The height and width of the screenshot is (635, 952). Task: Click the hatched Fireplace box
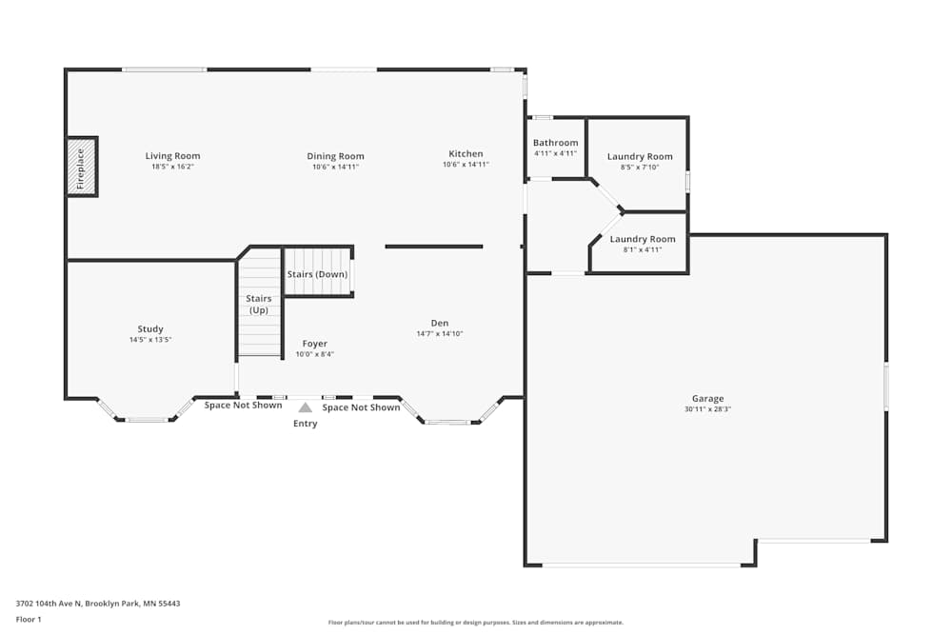point(81,167)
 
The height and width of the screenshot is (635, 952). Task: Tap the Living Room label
point(172,156)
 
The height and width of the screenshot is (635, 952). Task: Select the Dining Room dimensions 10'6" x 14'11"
point(336,167)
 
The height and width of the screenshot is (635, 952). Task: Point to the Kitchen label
point(466,154)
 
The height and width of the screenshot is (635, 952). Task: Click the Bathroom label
point(556,143)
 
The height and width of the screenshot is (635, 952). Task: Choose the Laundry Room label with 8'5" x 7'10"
point(640,157)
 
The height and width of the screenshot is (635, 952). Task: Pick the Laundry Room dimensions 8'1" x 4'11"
point(643,249)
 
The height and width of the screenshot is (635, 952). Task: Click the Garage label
point(708,399)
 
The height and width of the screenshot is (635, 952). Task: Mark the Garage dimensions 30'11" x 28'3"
point(708,409)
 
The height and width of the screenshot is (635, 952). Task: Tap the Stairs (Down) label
point(318,274)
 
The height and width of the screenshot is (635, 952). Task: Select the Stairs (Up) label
point(259,304)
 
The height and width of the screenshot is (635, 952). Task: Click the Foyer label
point(314,344)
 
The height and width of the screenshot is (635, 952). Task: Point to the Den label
point(440,323)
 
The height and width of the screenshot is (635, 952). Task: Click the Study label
point(150,329)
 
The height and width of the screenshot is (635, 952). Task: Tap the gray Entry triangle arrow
point(306,407)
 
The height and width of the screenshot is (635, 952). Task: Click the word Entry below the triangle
point(306,424)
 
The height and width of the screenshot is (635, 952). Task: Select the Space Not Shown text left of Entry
point(243,405)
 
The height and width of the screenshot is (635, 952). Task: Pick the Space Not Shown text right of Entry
point(361,407)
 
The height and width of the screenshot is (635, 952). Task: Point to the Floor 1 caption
point(29,619)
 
